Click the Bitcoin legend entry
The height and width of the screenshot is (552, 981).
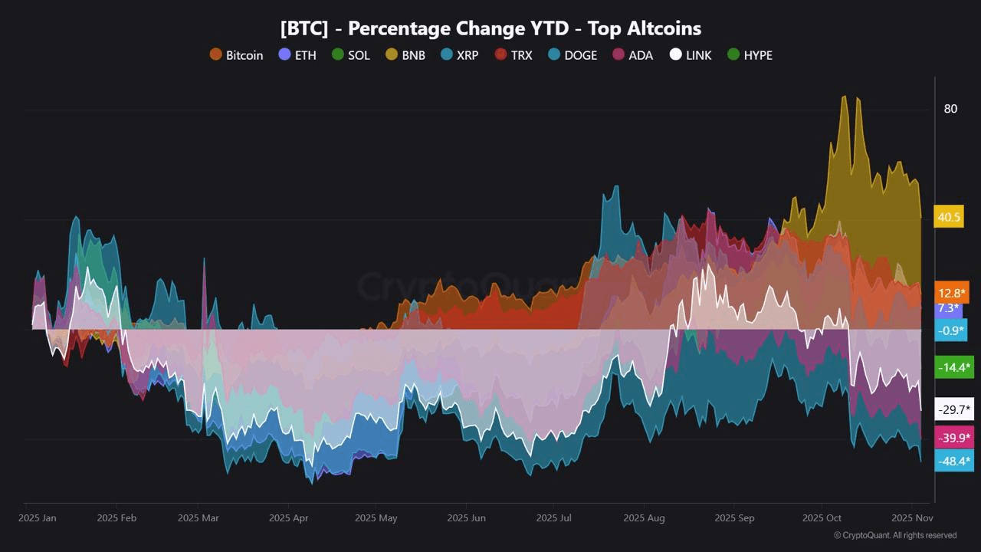pyautogui.click(x=236, y=55)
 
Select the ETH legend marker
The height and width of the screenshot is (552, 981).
pyautogui.click(x=284, y=54)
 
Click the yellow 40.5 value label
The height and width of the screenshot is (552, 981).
pyautogui.click(x=949, y=217)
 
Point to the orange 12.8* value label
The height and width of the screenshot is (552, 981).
pyautogui.click(x=952, y=293)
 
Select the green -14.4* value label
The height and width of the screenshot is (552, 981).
pyautogui.click(x=954, y=367)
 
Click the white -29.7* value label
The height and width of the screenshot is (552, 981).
pyautogui.click(x=954, y=409)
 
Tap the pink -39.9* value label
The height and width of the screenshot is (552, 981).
pyautogui.click(x=954, y=437)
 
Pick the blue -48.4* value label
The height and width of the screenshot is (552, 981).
pyautogui.click(x=954, y=461)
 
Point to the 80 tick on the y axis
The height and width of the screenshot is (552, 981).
pyautogui.click(x=950, y=109)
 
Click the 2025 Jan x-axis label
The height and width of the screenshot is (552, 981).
pyautogui.click(x=38, y=518)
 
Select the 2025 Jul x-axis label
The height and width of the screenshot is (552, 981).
pyautogui.click(x=554, y=518)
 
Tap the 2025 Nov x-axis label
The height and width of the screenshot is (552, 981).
pyautogui.click(x=910, y=518)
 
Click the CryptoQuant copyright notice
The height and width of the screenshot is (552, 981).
pyautogui.click(x=894, y=535)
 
